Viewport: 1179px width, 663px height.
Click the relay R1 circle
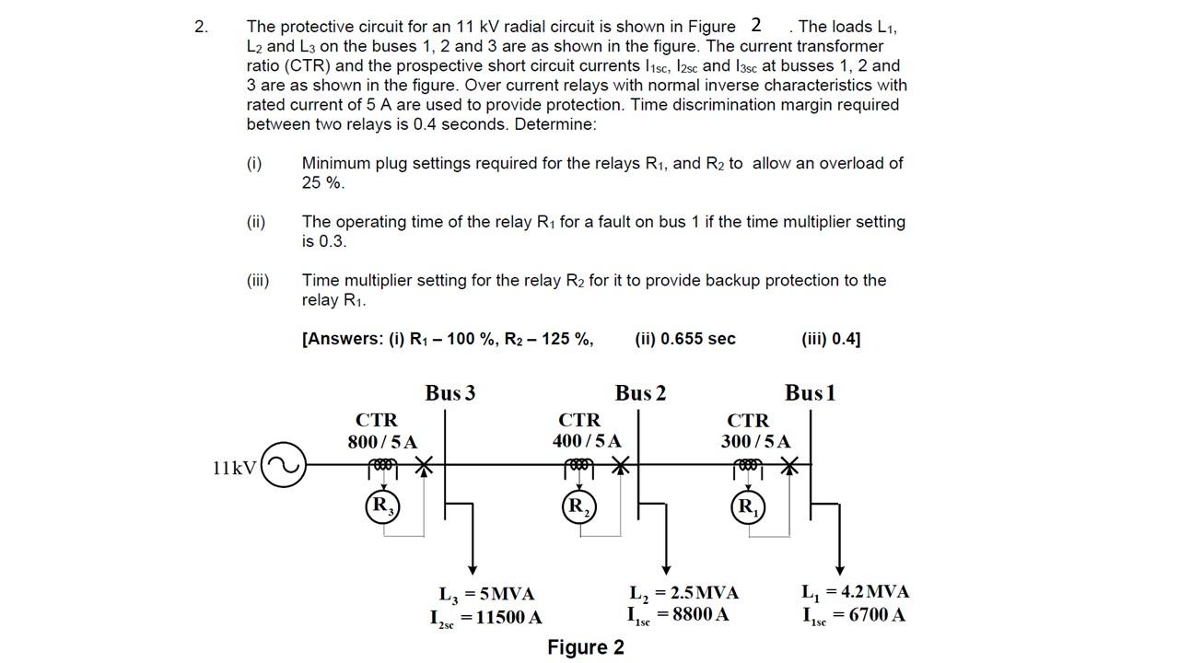[x=748, y=506]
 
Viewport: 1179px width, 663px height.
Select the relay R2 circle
[x=578, y=506]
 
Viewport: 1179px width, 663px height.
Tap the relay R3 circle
[x=382, y=506]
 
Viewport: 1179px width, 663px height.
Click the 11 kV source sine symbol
[x=284, y=466]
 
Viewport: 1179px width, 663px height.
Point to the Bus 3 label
[x=450, y=393]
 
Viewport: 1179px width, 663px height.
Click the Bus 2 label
[x=640, y=393]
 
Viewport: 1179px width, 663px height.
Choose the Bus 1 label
[x=810, y=393]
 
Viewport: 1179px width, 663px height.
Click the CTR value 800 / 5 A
[x=382, y=442]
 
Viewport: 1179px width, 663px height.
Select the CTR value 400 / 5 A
[x=587, y=442]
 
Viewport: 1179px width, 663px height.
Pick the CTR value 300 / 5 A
[x=755, y=442]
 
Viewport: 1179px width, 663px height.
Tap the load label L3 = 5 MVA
[x=486, y=594]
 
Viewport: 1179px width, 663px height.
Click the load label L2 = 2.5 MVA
[x=684, y=592]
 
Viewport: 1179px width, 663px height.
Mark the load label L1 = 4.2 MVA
[x=855, y=592]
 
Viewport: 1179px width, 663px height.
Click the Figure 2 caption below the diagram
[x=586, y=647]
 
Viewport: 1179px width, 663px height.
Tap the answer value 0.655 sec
[x=685, y=339]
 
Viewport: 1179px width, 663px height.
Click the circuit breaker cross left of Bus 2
[x=622, y=466]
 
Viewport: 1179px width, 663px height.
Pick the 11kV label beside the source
[x=234, y=468]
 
